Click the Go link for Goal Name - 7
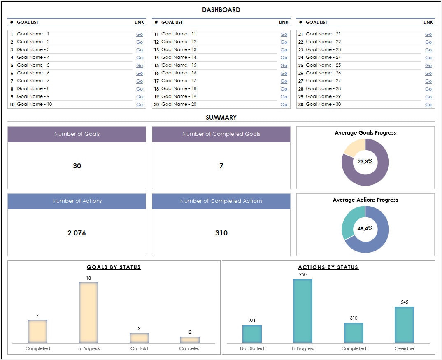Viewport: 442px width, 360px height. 140,81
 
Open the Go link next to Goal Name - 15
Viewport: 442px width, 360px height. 284,65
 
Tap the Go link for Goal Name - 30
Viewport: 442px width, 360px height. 428,105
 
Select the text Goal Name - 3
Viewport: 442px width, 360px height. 33,49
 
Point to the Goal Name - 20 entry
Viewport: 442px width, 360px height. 179,104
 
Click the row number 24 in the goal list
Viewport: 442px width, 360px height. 300,58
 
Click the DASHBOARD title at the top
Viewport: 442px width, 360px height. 221,9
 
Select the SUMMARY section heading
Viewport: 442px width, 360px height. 221,118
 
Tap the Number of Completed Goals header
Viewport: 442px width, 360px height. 221,134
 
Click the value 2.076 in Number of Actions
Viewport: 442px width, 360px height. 77,233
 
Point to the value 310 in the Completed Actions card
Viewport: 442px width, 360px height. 221,233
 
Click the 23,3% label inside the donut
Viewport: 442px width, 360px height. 365,162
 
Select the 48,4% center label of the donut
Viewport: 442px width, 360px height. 365,229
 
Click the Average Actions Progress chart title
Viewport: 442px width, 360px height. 365,200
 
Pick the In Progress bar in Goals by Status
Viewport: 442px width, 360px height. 88,313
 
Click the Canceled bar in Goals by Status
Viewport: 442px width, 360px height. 190,340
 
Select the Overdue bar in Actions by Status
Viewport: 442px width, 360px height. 404,325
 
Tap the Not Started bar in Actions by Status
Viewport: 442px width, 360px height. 252,334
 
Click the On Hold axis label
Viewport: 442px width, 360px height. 139,348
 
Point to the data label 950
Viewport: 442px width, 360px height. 302,274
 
